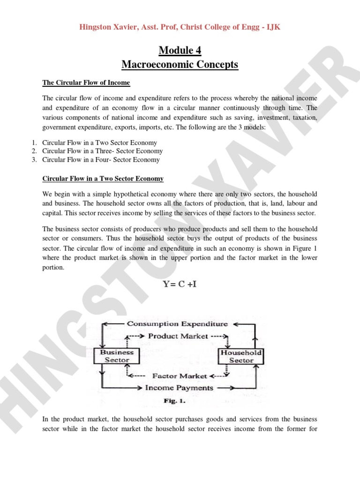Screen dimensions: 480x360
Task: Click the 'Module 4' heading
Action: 180,50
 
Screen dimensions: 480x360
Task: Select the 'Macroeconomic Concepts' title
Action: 180,64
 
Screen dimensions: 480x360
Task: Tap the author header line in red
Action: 180,28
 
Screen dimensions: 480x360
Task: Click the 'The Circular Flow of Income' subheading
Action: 86,83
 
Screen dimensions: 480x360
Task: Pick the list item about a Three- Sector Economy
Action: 102,151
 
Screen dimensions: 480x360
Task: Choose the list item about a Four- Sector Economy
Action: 101,159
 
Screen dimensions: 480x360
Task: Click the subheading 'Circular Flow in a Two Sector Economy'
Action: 103,179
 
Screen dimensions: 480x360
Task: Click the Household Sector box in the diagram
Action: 241,356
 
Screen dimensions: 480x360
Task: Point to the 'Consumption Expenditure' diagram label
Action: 178,323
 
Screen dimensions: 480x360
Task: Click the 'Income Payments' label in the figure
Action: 179,388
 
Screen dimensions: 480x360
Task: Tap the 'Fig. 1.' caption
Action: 175,401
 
